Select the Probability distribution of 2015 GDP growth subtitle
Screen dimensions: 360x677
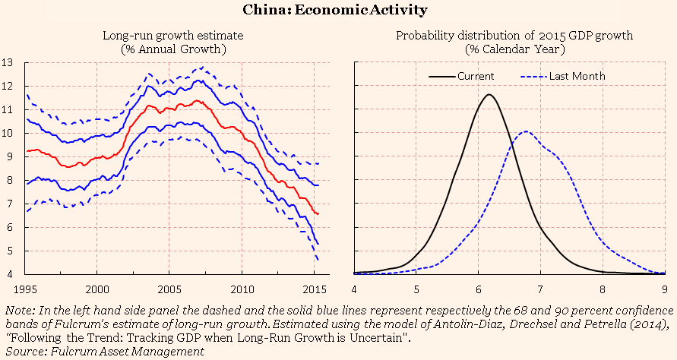(515, 36)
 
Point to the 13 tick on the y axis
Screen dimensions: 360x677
(9, 62)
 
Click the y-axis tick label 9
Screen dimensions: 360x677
(9, 156)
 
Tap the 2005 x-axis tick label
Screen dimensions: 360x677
(169, 289)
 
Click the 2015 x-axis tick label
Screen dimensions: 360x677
(315, 289)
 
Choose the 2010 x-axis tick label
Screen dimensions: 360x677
(242, 289)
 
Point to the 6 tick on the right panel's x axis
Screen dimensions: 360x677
(478, 289)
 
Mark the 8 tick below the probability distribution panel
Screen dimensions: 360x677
(603, 289)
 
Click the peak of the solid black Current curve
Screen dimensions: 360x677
(489, 94)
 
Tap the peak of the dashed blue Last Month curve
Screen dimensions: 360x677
(526, 131)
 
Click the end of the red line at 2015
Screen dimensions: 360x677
(318, 214)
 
